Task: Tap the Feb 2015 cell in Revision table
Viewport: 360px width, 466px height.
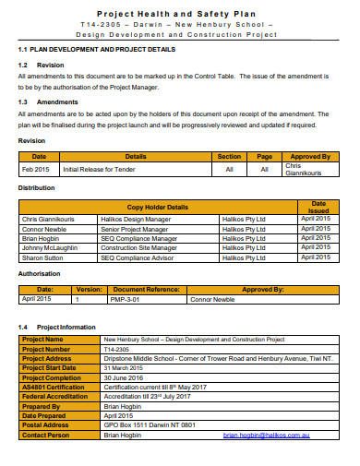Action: (x=36, y=169)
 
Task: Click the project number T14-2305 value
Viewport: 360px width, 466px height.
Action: (x=115, y=349)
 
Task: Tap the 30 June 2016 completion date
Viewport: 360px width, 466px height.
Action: (x=122, y=376)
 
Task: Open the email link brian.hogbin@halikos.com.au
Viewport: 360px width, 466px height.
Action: (x=266, y=433)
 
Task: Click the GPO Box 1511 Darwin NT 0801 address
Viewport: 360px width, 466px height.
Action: (x=150, y=424)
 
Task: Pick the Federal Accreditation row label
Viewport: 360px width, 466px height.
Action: (x=54, y=395)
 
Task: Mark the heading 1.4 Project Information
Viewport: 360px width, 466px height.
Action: (x=57, y=326)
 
